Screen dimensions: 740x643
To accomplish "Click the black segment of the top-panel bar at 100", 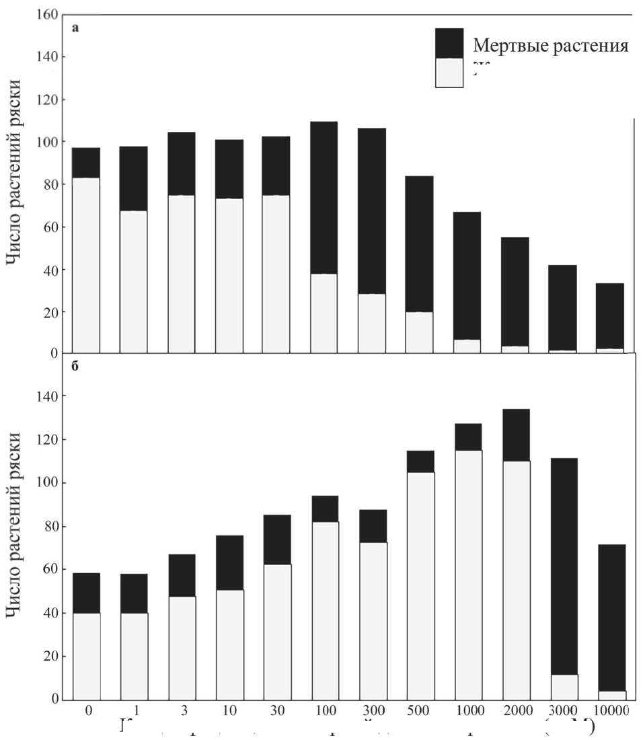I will (x=324, y=197).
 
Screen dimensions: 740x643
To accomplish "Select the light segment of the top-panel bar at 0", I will (x=86, y=265).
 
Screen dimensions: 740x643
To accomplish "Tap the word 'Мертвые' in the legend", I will (x=504, y=46).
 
